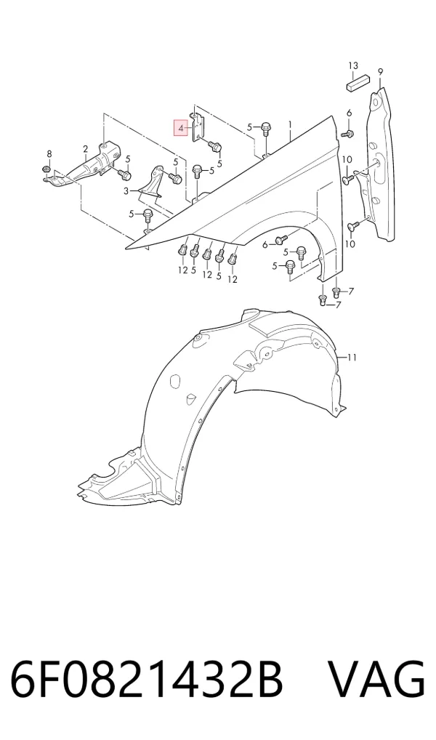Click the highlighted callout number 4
click(181, 128)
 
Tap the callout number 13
click(353, 65)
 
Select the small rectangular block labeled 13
click(358, 84)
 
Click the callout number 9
click(380, 72)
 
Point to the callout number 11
click(352, 358)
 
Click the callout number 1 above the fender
click(291, 125)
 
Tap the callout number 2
click(86, 150)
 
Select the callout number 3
click(126, 191)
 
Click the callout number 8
click(49, 154)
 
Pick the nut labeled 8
click(47, 169)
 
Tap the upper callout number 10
click(347, 159)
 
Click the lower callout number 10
click(350, 244)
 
